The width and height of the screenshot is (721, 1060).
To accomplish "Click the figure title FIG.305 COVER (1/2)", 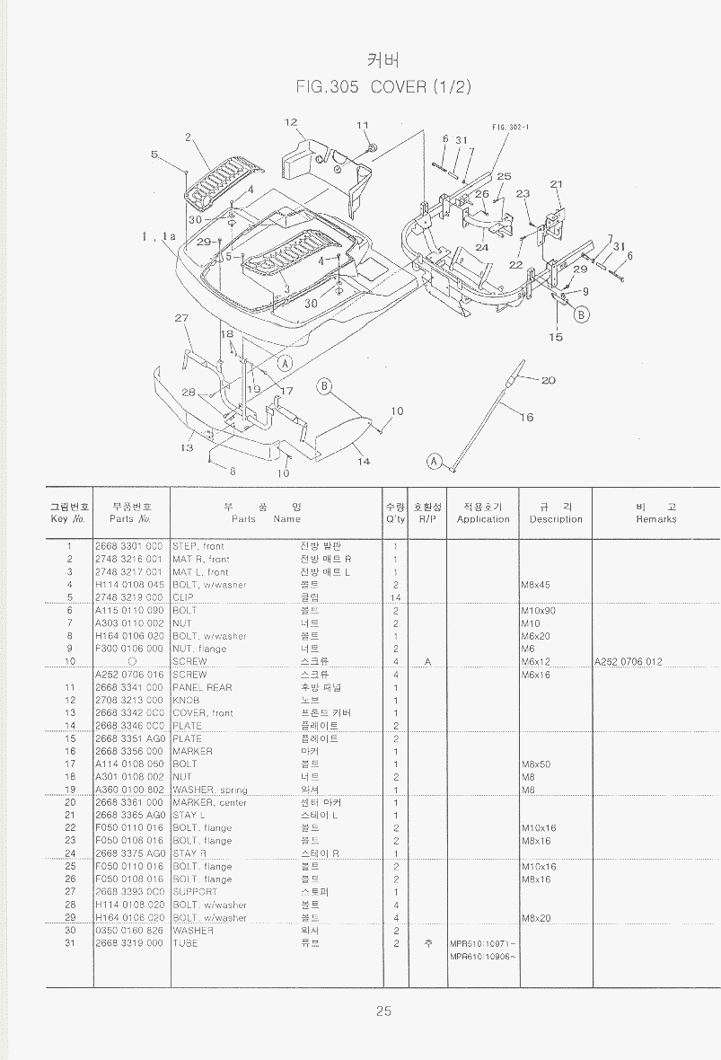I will [383, 87].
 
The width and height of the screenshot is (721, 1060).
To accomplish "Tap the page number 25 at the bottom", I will [383, 1011].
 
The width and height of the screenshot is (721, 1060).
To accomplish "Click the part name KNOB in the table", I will [186, 700].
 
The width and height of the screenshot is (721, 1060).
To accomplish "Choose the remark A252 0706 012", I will [629, 662].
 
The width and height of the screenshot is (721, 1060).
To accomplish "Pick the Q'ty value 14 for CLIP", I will [395, 597].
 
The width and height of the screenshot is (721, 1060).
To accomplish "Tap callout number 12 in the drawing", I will [291, 122].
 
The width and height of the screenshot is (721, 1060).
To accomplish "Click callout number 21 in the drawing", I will [556, 184].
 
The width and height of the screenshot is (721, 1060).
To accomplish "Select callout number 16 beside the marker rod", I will [526, 417].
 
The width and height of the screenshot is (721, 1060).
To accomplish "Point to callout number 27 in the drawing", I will [181, 318].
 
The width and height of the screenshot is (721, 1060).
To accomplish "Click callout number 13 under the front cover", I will [187, 447].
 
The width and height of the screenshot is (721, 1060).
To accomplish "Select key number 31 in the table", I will [68, 943].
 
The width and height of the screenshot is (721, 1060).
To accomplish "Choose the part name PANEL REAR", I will [202, 687].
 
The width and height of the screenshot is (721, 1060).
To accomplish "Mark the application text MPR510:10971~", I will [482, 943].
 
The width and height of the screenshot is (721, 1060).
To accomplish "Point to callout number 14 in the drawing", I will [364, 462].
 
